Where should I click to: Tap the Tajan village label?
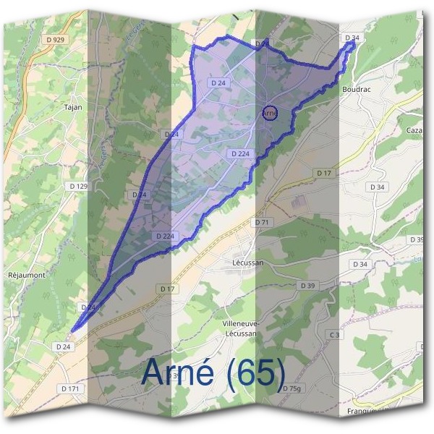pyautogui.click(x=73, y=107)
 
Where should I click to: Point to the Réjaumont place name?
pyautogui.click(x=26, y=276)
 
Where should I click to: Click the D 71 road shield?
pyautogui.click(x=261, y=222)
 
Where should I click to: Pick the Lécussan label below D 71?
pyautogui.click(x=248, y=263)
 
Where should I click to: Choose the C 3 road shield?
pyautogui.click(x=334, y=335)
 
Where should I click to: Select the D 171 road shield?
pyautogui.click(x=70, y=388)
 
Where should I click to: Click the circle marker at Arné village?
pyautogui.click(x=270, y=113)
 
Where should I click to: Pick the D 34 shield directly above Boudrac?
pyautogui.click(x=352, y=37)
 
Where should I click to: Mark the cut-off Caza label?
pyautogui.click(x=414, y=129)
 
